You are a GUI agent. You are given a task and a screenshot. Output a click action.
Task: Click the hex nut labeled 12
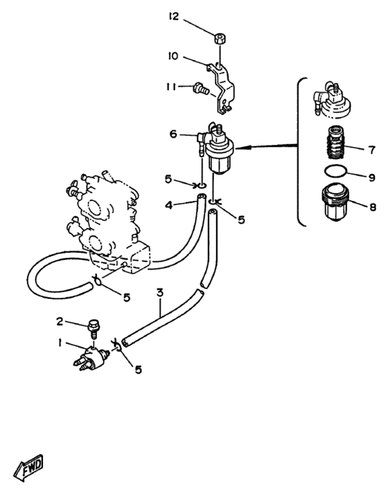(x=220, y=39)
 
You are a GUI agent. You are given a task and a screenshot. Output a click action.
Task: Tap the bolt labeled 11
(x=201, y=88)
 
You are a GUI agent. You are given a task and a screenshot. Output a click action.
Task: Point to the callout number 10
(x=173, y=56)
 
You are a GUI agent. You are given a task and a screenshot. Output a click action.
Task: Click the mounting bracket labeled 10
(x=223, y=87)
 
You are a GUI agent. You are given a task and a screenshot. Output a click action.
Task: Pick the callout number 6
(x=173, y=134)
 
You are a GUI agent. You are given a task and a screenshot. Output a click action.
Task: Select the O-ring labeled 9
(x=335, y=171)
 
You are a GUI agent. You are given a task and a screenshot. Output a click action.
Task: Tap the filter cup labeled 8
(x=335, y=202)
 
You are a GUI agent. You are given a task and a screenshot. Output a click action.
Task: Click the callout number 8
(x=373, y=207)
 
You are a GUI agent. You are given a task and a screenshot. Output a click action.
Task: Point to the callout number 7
(x=371, y=150)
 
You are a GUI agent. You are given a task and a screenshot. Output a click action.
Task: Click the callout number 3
(x=160, y=292)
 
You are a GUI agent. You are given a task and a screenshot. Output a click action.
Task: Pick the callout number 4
(x=169, y=206)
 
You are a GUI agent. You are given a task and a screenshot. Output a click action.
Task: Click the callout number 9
(x=371, y=178)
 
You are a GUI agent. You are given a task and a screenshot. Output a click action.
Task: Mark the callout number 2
(x=60, y=322)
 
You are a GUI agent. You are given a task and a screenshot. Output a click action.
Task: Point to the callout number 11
(x=171, y=87)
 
